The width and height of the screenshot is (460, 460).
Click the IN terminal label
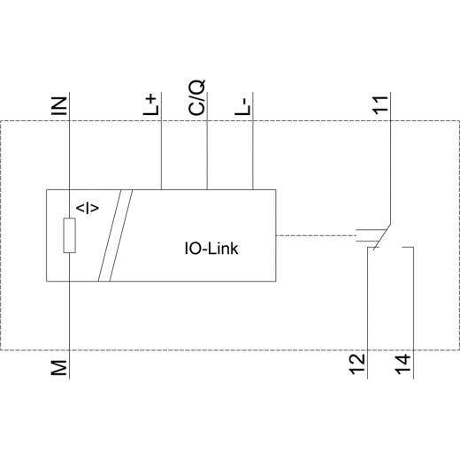(59, 106)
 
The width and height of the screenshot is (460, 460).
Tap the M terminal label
(59, 368)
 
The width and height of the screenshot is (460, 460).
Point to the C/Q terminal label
(196, 97)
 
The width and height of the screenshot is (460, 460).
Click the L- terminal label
(242, 107)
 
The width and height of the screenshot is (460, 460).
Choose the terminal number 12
(357, 364)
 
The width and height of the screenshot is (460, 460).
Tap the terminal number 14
(403, 364)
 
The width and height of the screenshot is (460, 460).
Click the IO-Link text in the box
(211, 249)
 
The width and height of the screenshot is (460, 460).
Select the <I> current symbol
(88, 208)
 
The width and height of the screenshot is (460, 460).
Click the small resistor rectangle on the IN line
(69, 235)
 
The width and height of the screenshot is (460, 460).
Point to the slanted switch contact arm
(382, 237)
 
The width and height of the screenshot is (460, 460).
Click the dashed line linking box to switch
(316, 235)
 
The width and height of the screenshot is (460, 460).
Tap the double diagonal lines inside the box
(115, 235)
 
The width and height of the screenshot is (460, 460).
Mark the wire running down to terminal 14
(413, 312)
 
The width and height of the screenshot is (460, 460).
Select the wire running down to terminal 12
(368, 312)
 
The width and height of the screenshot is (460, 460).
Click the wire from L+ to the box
(161, 141)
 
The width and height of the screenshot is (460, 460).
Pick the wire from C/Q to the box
(207, 141)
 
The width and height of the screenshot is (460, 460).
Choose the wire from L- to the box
(253, 141)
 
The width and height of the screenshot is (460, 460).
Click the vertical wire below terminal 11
(390, 158)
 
